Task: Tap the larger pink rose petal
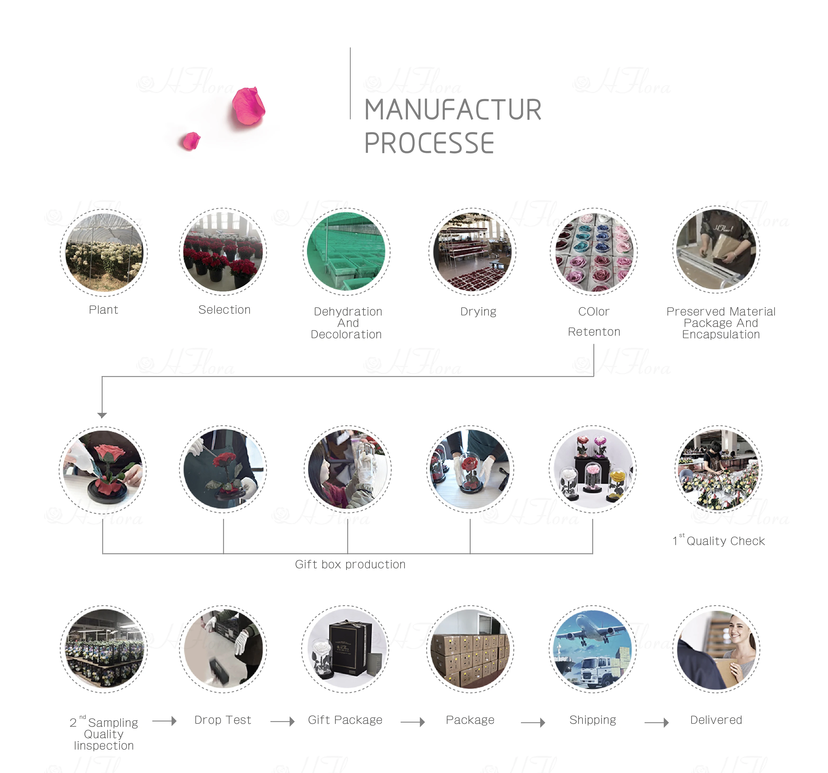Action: click(x=248, y=106)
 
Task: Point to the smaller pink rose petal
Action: click(x=191, y=141)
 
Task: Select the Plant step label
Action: click(x=103, y=310)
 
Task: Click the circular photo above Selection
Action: click(x=223, y=252)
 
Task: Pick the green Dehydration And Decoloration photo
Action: click(x=346, y=252)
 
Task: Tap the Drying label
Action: click(x=478, y=311)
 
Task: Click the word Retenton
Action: click(x=594, y=332)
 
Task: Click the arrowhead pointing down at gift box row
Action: click(x=102, y=415)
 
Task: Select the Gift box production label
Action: click(x=350, y=564)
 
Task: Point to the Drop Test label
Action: click(x=223, y=720)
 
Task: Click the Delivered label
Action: click(x=716, y=720)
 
